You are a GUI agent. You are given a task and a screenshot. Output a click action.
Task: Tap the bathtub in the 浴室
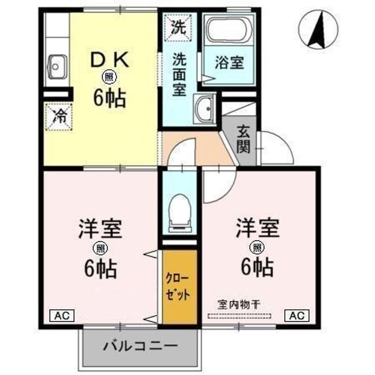229,30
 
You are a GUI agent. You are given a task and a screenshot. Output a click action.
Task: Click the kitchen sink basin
57,67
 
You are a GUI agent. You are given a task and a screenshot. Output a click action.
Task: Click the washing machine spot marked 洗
179,28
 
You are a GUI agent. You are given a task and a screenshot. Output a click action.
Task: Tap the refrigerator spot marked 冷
59,117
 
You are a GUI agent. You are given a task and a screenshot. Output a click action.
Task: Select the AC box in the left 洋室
62,316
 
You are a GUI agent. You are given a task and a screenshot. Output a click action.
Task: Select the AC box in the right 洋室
297,316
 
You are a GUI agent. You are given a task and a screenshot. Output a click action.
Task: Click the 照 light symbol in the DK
109,77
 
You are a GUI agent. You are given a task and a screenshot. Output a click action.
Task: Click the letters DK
109,59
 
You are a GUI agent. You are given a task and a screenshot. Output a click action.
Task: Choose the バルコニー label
141,346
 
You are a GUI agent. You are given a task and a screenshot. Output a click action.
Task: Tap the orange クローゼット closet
180,287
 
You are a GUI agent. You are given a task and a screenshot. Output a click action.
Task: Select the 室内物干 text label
239,305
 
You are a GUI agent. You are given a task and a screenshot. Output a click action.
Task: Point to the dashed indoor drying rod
240,316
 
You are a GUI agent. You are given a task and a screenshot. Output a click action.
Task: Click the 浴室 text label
229,63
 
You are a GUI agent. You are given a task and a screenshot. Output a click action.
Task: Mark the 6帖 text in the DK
109,98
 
